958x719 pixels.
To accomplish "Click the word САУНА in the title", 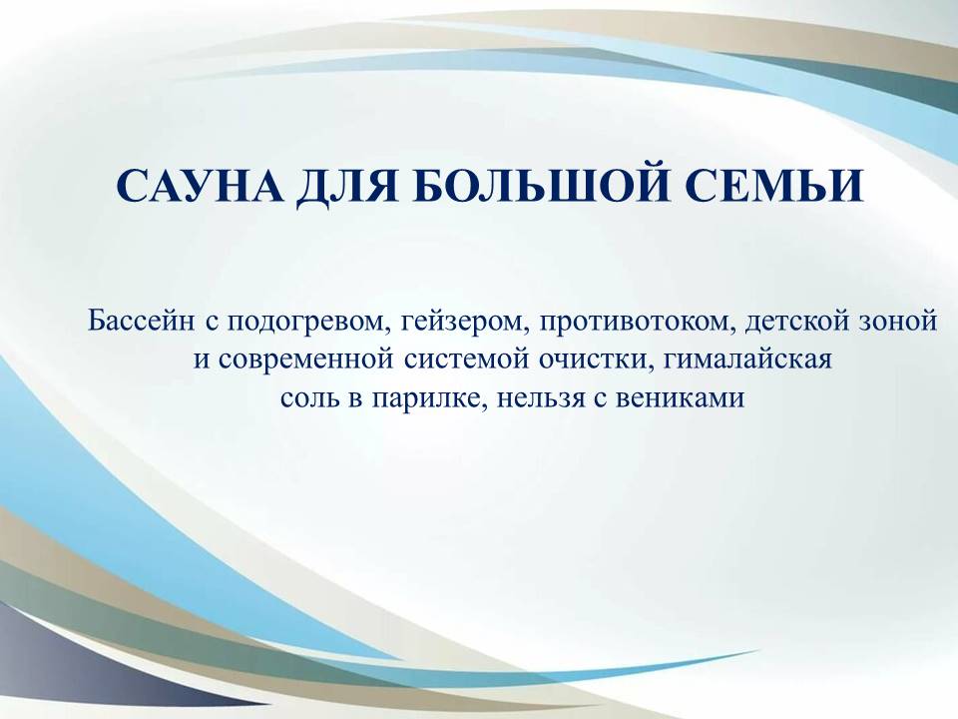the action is (200, 186).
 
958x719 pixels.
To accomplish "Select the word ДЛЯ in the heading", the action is (346, 187).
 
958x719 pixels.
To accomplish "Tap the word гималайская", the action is (747, 359).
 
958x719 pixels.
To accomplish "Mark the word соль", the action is (306, 399).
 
